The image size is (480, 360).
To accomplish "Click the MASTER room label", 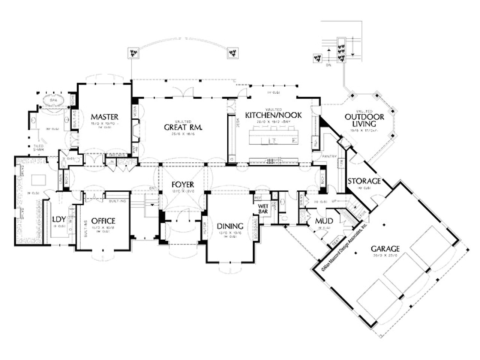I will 104,117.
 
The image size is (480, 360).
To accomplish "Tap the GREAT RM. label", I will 183,127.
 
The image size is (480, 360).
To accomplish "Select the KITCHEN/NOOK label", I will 273,115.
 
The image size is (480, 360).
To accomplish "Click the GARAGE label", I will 385,248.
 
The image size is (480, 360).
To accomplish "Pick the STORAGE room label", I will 364,181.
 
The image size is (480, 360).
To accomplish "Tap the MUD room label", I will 322,220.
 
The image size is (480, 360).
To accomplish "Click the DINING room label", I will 230,226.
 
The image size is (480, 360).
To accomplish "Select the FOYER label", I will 183,184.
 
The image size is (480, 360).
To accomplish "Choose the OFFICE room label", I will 103,221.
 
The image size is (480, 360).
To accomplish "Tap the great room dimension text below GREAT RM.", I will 183,134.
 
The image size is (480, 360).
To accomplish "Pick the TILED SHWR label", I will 39,147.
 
